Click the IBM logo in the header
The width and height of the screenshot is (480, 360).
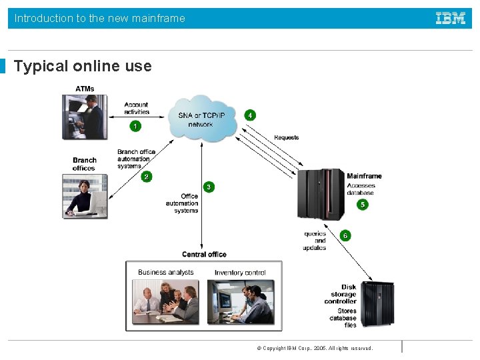(x=451, y=19)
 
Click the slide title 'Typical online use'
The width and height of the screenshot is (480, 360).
(x=83, y=67)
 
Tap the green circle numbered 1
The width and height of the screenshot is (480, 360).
(x=136, y=125)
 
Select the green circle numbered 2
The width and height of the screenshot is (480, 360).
(x=147, y=177)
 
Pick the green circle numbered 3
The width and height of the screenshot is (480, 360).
(x=209, y=187)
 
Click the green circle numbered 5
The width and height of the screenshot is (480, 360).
(x=362, y=205)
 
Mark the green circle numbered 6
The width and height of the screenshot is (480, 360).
(x=345, y=235)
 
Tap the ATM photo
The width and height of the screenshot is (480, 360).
(x=84, y=117)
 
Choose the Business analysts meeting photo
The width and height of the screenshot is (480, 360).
(x=165, y=301)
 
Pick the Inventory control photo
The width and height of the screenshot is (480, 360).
(x=241, y=301)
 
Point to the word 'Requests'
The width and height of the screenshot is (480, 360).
(x=287, y=138)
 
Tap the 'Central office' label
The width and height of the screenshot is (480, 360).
(x=204, y=254)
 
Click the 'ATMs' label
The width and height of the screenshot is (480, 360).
(x=85, y=89)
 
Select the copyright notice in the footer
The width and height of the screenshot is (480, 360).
(x=315, y=348)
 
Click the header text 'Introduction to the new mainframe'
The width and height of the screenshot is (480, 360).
(x=100, y=19)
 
